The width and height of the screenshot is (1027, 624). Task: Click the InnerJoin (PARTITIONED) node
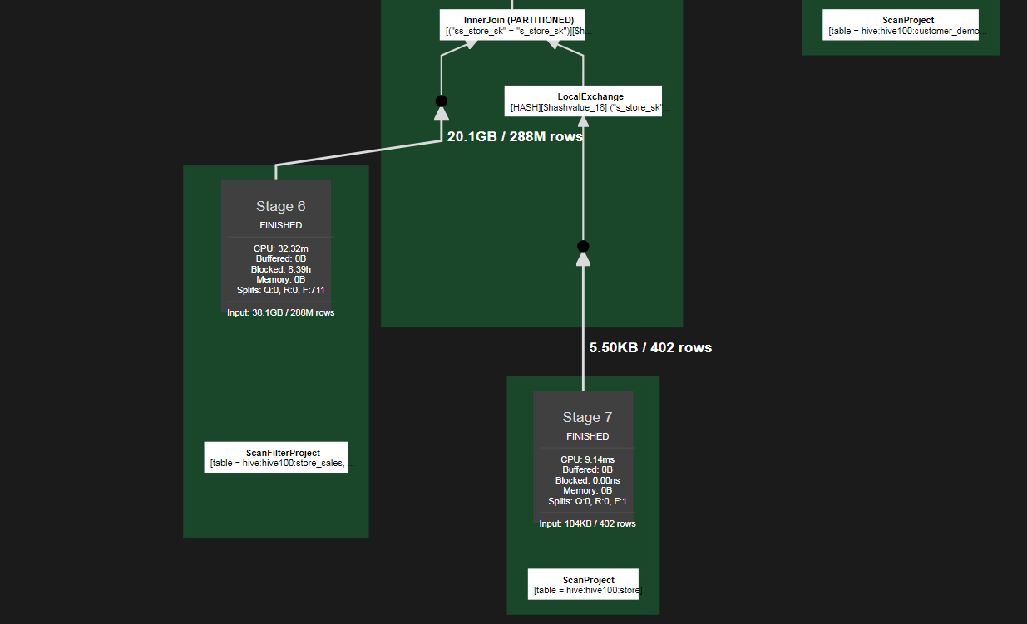point(512,25)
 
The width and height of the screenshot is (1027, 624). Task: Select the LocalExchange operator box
point(583,101)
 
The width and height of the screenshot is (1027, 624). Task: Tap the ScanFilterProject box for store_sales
point(276,458)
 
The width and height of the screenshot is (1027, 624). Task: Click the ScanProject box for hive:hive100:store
point(583,584)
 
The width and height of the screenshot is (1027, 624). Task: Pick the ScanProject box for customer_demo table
point(901,26)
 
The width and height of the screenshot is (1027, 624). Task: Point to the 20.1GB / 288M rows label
point(515,137)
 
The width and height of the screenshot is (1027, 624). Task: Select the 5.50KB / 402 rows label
point(650,348)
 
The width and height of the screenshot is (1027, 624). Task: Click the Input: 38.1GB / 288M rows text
point(280,313)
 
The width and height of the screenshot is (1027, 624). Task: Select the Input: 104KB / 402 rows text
point(587,524)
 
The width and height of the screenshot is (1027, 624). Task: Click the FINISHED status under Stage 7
point(587,436)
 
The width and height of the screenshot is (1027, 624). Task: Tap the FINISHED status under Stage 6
point(280,225)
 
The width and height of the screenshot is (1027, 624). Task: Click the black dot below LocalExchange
point(583,246)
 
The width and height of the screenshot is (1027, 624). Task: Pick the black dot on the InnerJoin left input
point(442,101)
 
